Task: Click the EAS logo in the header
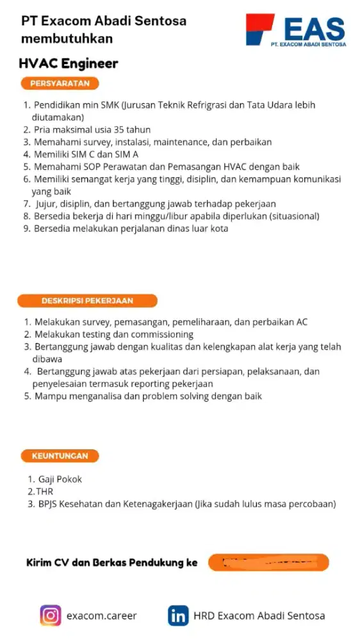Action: pyautogui.click(x=295, y=29)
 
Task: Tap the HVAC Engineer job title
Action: pyautogui.click(x=69, y=63)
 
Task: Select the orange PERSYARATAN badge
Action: pyautogui.click(x=60, y=83)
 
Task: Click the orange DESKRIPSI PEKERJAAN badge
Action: pyautogui.click(x=87, y=301)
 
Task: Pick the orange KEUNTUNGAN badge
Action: pyautogui.click(x=60, y=456)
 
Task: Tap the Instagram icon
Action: pyautogui.click(x=51, y=615)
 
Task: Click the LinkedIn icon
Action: pyautogui.click(x=178, y=615)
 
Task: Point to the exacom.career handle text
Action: pyautogui.click(x=101, y=616)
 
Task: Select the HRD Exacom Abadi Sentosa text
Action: pyautogui.click(x=259, y=616)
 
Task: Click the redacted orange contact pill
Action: pyautogui.click(x=268, y=563)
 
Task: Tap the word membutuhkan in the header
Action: pyautogui.click(x=67, y=38)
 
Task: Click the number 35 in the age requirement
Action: pyautogui.click(x=119, y=129)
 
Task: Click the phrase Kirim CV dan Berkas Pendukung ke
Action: pyautogui.click(x=112, y=563)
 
